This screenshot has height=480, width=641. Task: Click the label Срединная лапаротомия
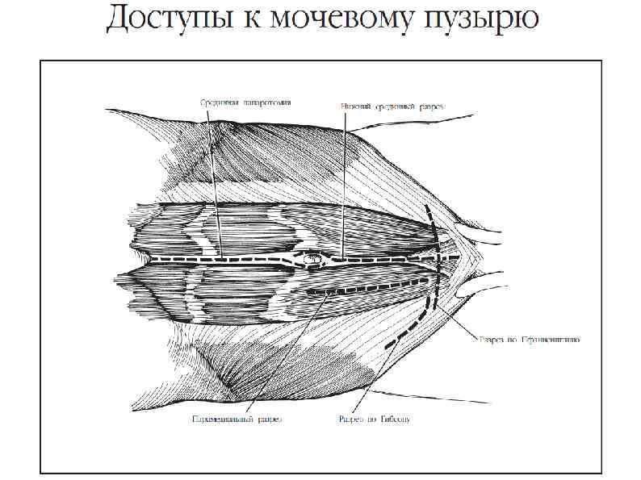[245, 102]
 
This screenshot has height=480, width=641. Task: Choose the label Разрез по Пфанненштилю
[530, 340]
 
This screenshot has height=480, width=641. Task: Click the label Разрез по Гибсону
[374, 419]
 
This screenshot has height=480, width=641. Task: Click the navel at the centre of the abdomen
[308, 260]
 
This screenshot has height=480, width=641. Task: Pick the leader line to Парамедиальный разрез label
[283, 355]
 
